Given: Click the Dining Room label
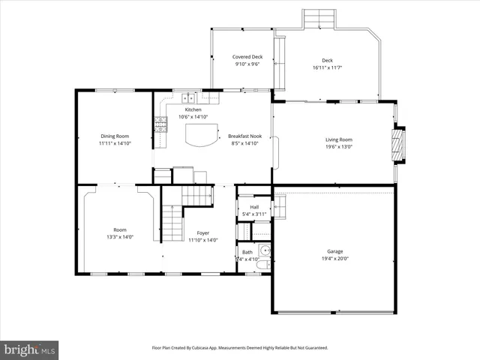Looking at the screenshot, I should [115, 136].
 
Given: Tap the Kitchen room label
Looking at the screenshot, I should [193, 109].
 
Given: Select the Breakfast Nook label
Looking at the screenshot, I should [244, 136].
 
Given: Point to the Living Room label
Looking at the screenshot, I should [338, 139].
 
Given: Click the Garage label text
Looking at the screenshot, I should [334, 251].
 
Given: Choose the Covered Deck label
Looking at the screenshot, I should [247, 57].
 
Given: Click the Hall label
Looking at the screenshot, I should [254, 207].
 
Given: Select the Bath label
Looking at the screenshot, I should [247, 251].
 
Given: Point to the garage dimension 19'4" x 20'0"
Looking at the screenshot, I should [334, 259].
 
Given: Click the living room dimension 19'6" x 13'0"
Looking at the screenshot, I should [338, 147].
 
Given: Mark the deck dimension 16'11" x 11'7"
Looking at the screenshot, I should [327, 67].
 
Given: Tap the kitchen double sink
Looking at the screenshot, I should [187, 97].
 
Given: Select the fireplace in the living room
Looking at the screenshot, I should [400, 144].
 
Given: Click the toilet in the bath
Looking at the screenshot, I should [263, 251].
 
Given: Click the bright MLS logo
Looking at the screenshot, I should [29, 349].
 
